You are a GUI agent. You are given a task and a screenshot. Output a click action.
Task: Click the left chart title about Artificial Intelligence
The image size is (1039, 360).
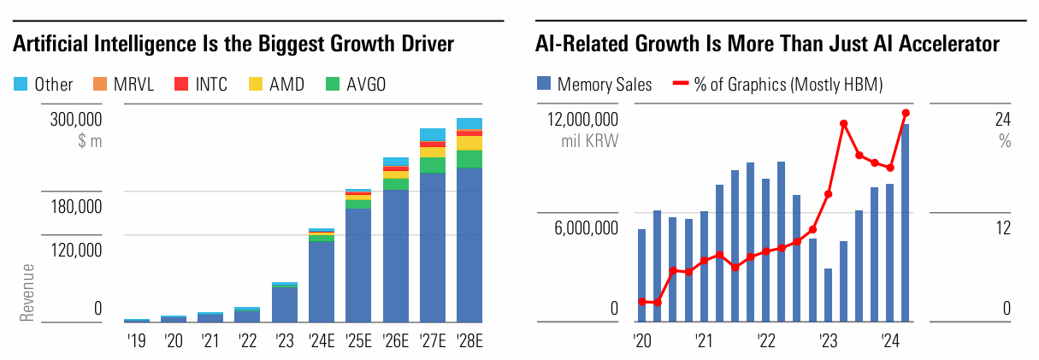(x=233, y=44)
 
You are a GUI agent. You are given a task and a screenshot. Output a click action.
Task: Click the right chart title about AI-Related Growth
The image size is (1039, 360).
(x=767, y=44)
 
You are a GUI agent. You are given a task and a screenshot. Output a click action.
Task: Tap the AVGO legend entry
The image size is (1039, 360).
(x=356, y=84)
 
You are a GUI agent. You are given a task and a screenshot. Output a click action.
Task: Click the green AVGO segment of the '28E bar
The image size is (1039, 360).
(x=469, y=159)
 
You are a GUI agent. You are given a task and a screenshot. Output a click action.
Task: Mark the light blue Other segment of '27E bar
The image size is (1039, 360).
(x=433, y=134)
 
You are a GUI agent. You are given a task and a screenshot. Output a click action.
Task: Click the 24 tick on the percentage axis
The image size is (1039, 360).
(x=1002, y=120)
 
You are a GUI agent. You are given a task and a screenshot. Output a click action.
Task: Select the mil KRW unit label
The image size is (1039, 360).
(x=589, y=140)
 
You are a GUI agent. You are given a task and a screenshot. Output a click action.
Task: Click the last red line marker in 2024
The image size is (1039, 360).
(x=906, y=113)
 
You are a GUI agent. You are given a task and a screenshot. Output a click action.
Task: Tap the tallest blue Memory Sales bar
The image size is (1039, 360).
(x=906, y=222)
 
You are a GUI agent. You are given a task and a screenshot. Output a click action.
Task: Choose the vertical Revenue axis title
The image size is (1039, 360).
(x=27, y=292)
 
